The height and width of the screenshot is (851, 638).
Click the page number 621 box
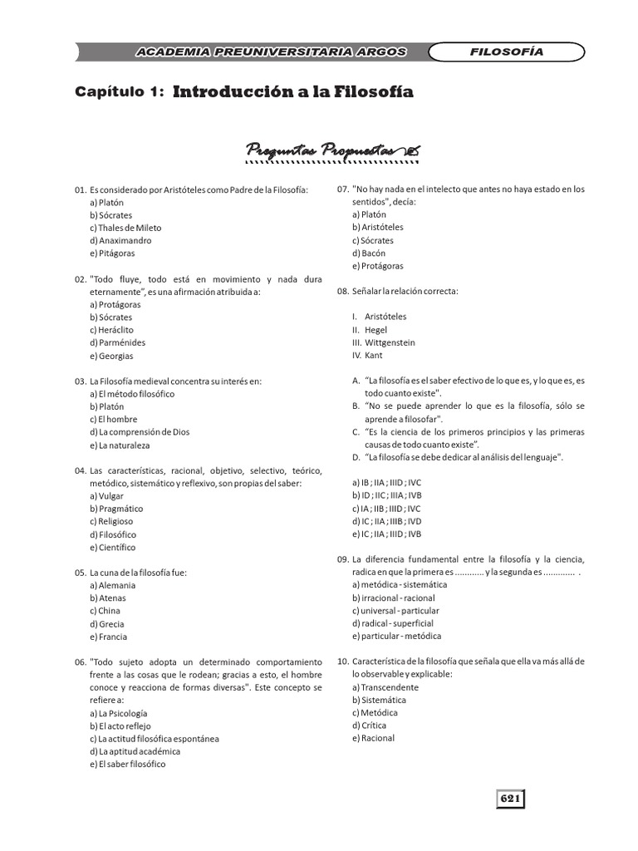pyautogui.click(x=510, y=799)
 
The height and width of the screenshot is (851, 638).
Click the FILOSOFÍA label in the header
pyautogui.click(x=507, y=52)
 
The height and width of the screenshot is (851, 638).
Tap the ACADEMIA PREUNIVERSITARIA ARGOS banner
pyautogui.click(x=271, y=52)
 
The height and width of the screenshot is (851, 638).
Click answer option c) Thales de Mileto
pyautogui.click(x=125, y=228)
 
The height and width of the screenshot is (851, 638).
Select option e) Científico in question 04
pyautogui.click(x=112, y=548)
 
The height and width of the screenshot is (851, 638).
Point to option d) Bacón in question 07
pyautogui.click(x=368, y=253)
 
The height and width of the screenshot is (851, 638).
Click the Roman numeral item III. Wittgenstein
pyautogui.click(x=384, y=342)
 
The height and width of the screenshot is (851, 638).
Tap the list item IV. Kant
pyautogui.click(x=367, y=356)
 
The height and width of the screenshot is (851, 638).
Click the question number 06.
pyautogui.click(x=81, y=662)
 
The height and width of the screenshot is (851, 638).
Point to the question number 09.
pyautogui.click(x=343, y=559)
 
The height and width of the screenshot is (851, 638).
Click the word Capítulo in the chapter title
pyautogui.click(x=115, y=93)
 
